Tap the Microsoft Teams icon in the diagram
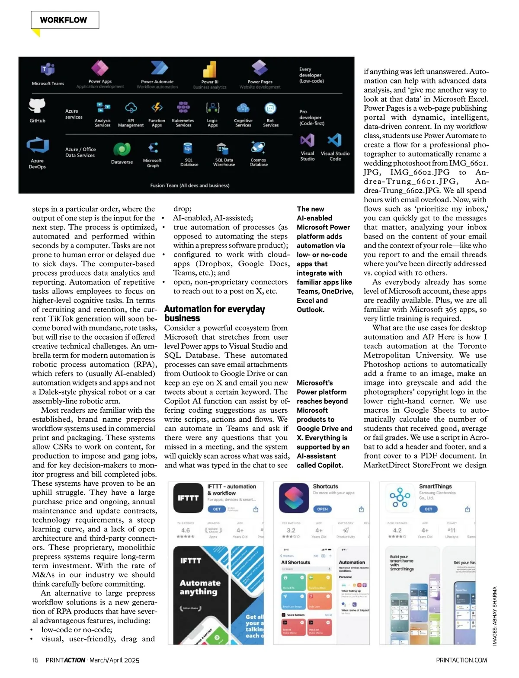point(48,69)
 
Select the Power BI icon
point(210,69)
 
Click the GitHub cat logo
point(37,105)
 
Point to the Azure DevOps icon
point(37,146)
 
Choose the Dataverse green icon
point(122,149)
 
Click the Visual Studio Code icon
point(334,140)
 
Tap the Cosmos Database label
point(259,162)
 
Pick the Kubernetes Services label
point(183,123)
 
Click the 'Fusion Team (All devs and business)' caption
point(189,185)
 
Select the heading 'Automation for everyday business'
point(214,313)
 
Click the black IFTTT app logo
point(188,498)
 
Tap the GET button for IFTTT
point(217,509)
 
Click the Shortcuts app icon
point(294,498)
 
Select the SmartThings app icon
point(400,498)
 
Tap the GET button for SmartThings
point(428,509)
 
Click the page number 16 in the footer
point(35,660)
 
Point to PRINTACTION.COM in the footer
point(461,660)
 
